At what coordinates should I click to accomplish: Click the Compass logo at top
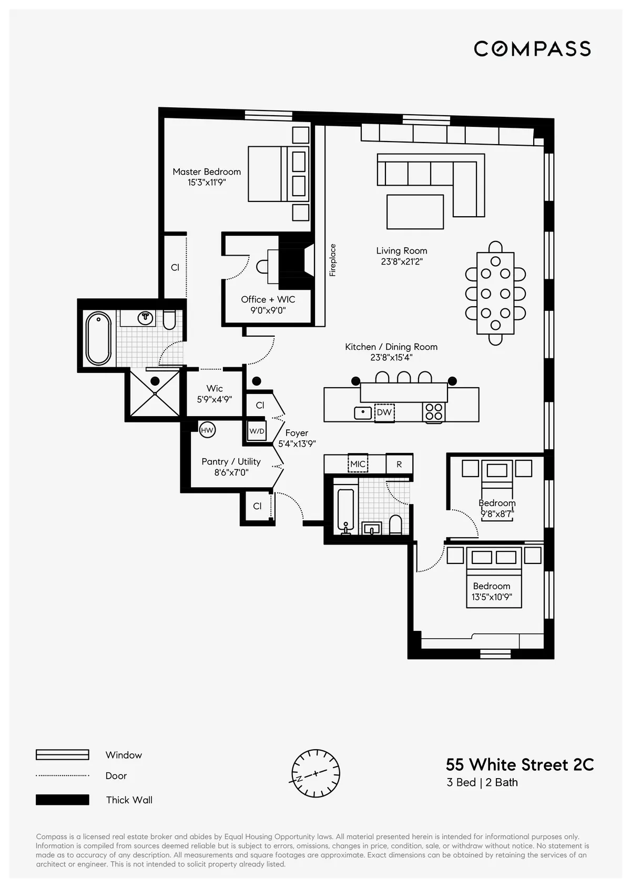(532, 49)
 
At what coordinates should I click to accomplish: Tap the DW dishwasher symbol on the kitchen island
(384, 412)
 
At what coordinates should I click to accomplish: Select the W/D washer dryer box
(257, 431)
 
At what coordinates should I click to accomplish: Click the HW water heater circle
(207, 430)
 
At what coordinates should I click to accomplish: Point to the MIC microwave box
(358, 464)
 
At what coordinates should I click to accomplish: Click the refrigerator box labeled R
(399, 464)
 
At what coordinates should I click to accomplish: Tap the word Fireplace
(332, 260)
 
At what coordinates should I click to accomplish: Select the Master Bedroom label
(207, 172)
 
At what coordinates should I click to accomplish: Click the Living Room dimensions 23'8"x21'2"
(402, 261)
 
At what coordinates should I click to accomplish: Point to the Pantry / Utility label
(231, 461)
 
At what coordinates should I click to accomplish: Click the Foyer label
(297, 433)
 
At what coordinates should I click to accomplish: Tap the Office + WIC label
(268, 299)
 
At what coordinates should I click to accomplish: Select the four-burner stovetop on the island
(434, 411)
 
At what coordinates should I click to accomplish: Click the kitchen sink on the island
(363, 412)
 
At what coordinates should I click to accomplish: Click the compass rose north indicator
(315, 773)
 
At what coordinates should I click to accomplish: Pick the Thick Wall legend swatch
(62, 800)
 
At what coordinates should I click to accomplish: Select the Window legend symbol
(62, 755)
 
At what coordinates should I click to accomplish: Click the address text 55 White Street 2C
(520, 764)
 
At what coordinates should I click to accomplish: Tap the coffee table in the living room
(415, 211)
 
